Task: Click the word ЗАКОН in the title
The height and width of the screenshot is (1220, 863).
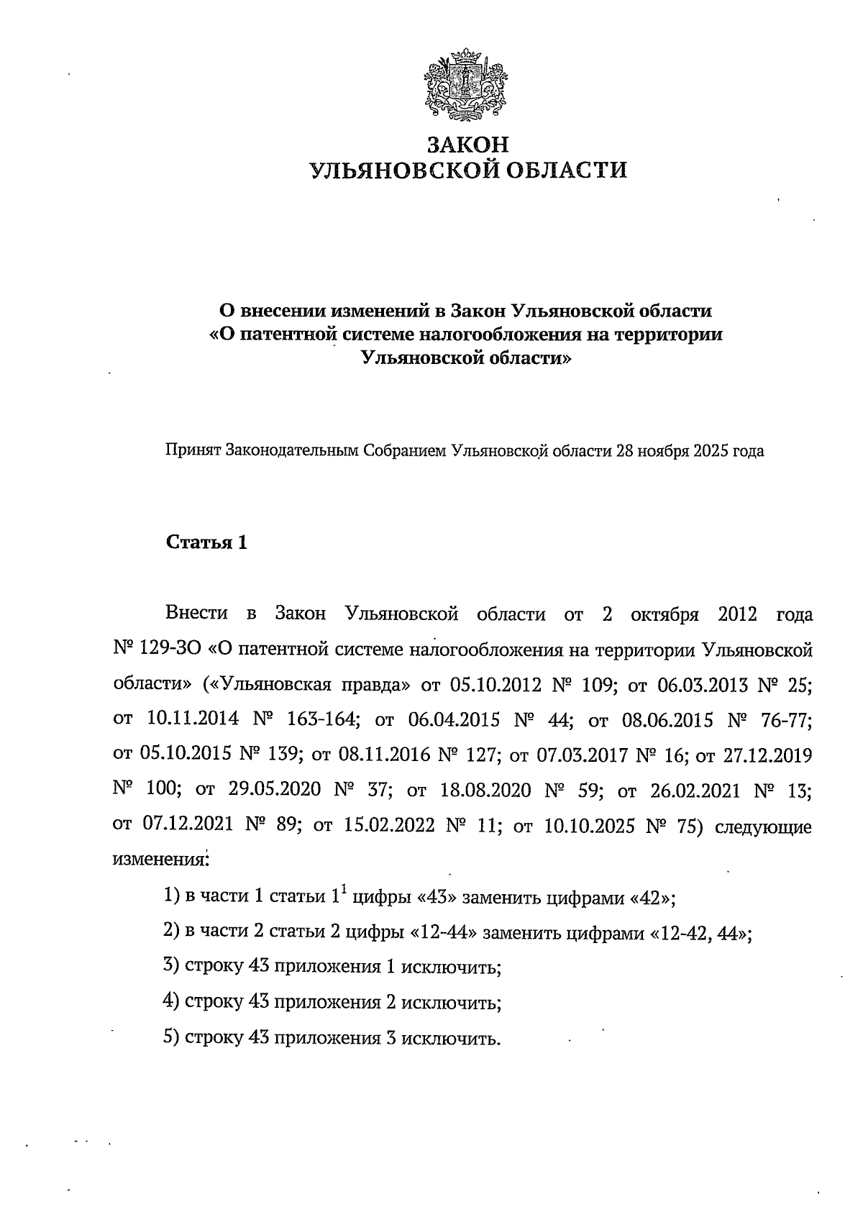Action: (467, 145)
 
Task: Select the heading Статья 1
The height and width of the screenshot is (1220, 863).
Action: (207, 542)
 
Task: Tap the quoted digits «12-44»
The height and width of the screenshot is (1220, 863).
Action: (444, 934)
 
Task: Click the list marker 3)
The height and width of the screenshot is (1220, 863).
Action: (171, 968)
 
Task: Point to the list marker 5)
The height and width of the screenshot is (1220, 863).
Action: (171, 1038)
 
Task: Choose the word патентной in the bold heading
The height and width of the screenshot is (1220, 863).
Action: (285, 334)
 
